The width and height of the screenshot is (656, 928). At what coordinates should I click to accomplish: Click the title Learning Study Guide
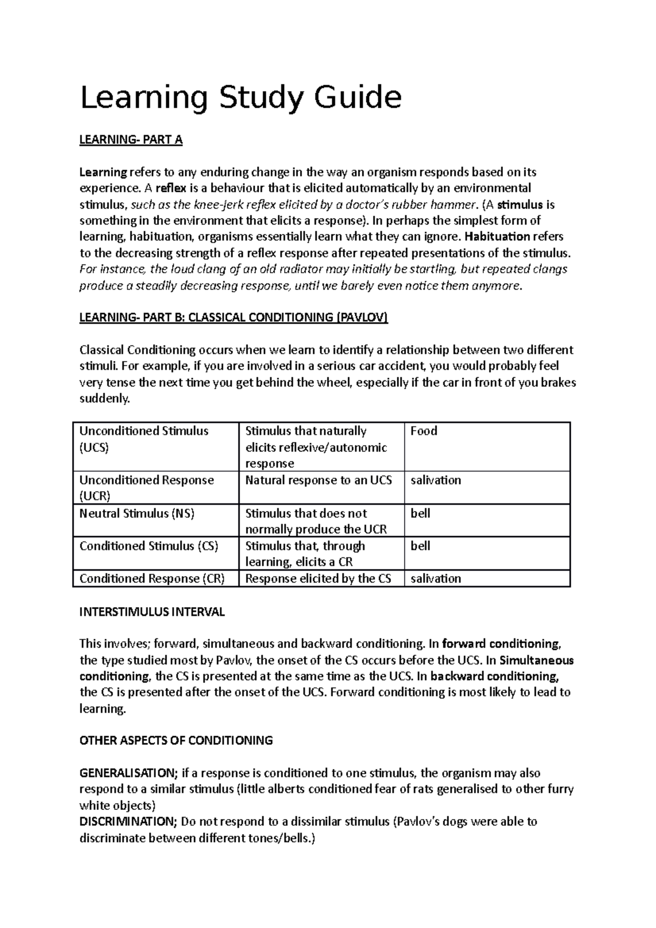tap(241, 98)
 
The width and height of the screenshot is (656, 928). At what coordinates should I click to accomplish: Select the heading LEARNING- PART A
tap(131, 140)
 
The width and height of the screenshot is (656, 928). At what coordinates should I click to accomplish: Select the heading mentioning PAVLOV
tap(233, 318)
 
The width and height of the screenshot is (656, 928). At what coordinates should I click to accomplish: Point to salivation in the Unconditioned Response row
tap(436, 480)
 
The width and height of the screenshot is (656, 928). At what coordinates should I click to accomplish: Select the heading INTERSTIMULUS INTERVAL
tap(152, 612)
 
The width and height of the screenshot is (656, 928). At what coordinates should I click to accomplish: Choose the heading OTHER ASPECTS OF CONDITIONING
tap(176, 741)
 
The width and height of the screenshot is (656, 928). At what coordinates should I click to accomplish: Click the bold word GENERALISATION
tap(128, 773)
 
